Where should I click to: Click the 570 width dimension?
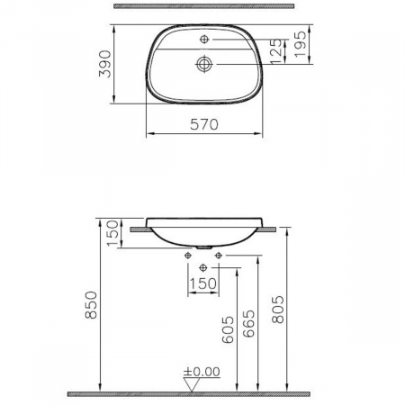pos(205,126)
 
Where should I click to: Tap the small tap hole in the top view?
pos(204,40)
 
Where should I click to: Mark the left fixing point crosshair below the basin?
pos(187,256)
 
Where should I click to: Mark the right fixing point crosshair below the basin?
pos(219,256)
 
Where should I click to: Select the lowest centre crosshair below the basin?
pos(202,268)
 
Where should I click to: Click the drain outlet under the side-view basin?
pos(203,247)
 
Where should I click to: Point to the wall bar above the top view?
pos(204,7)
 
